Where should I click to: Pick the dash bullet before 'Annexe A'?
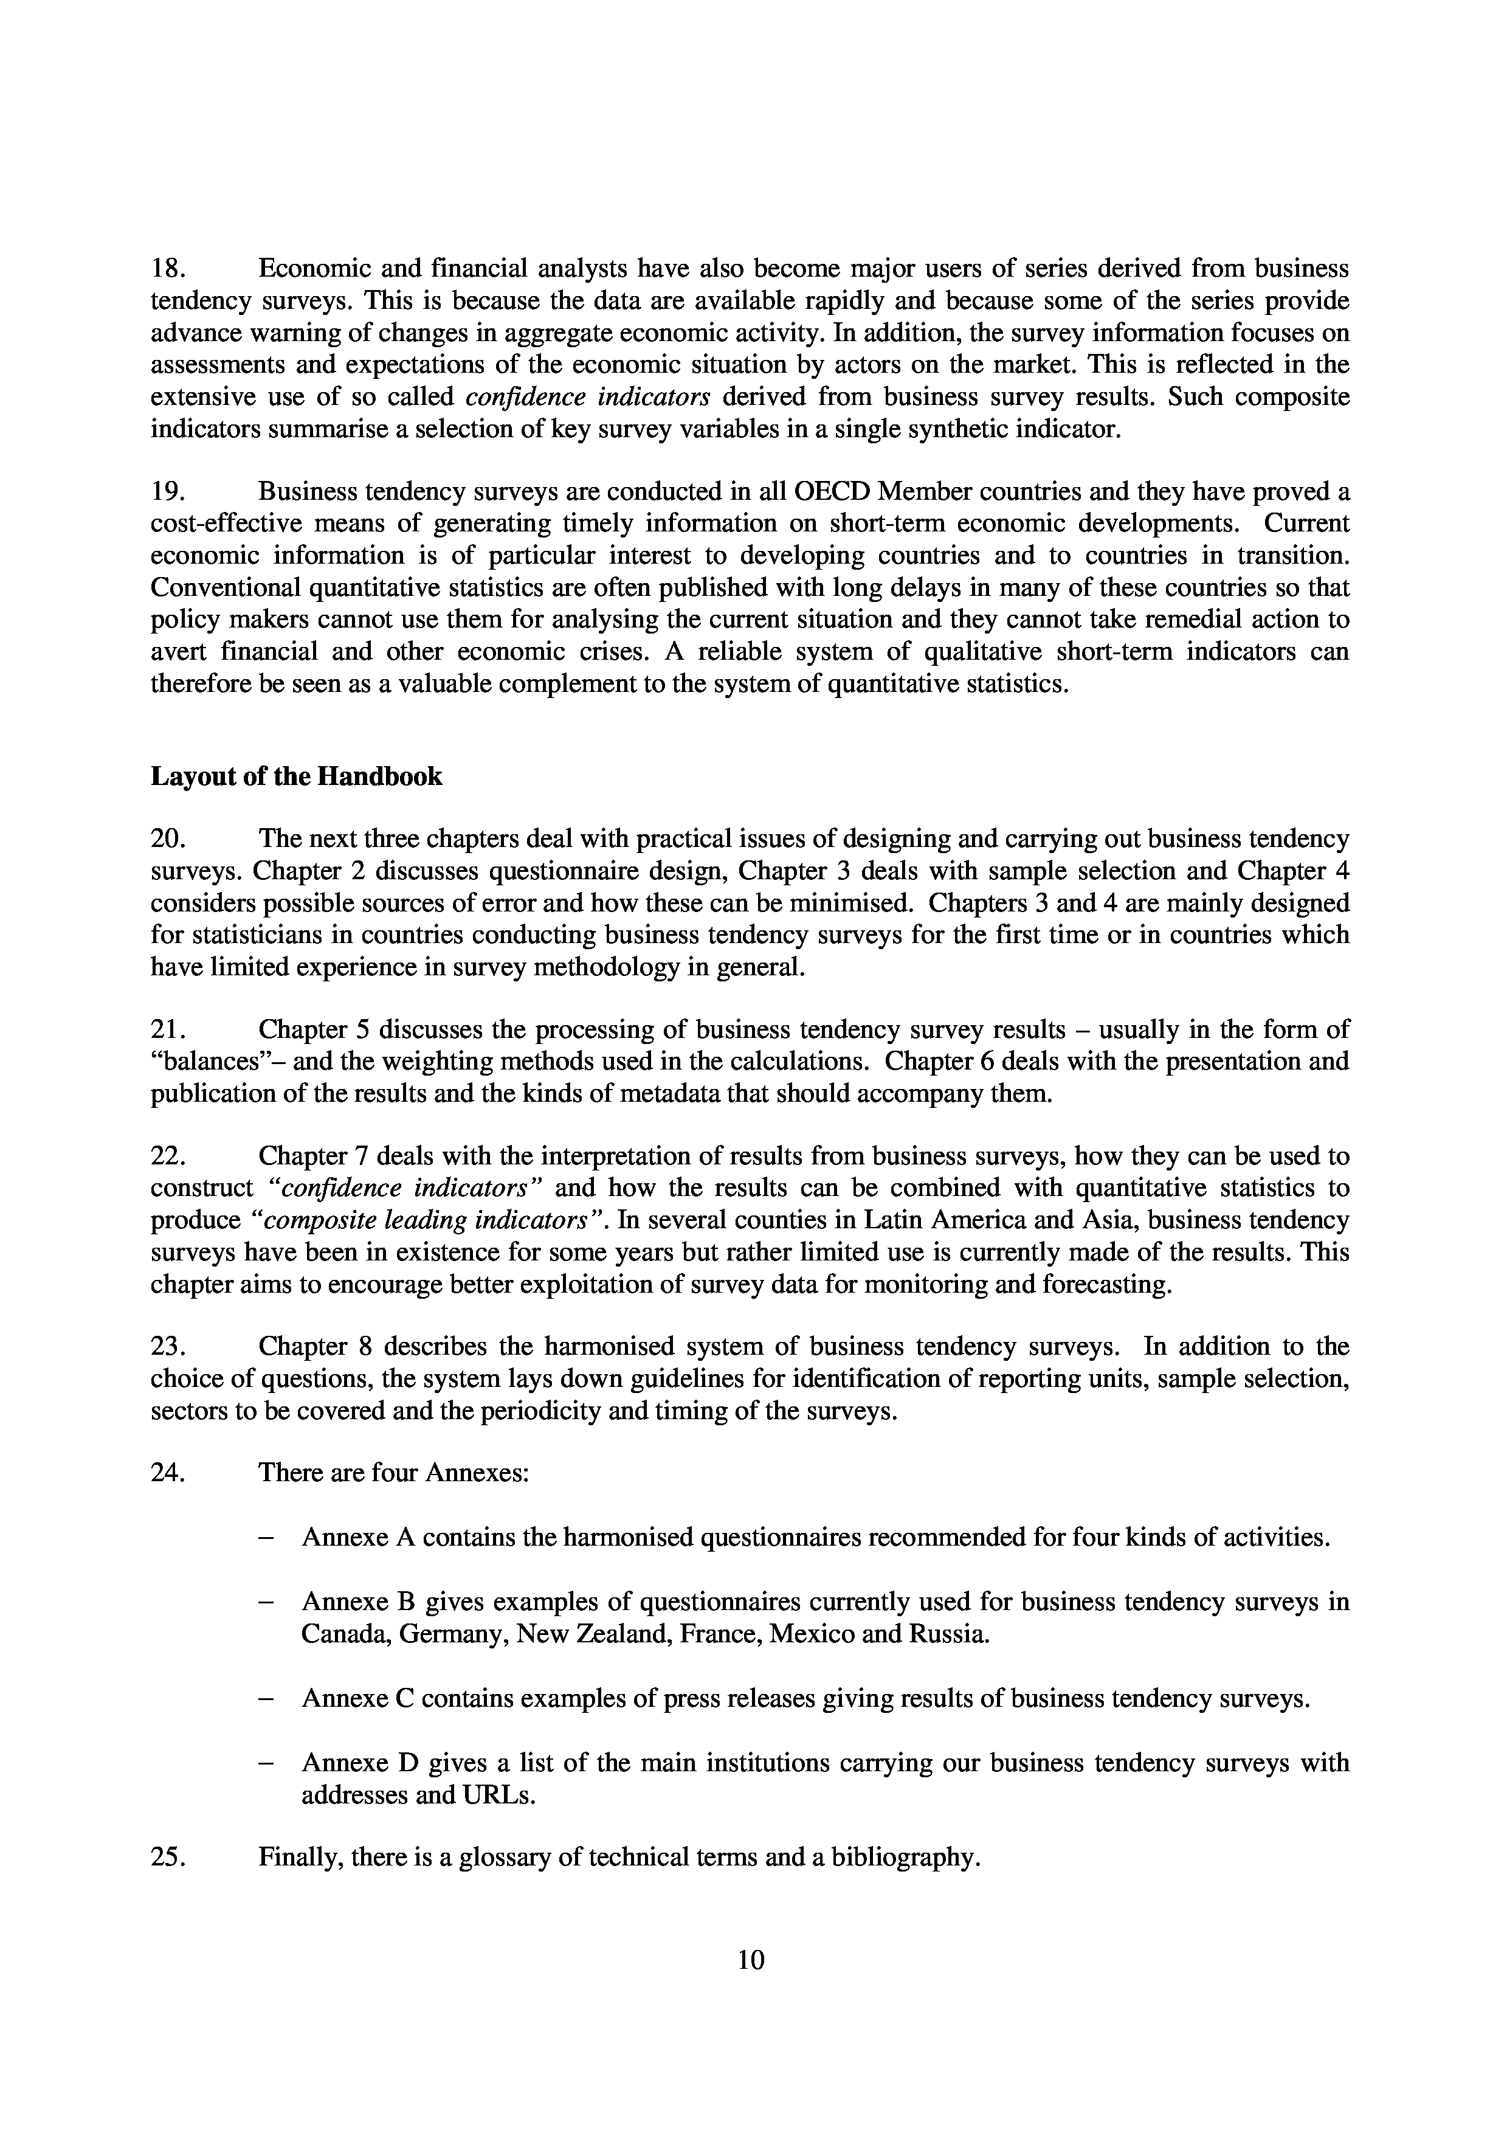266,1538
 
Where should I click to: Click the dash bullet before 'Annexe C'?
266,1699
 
